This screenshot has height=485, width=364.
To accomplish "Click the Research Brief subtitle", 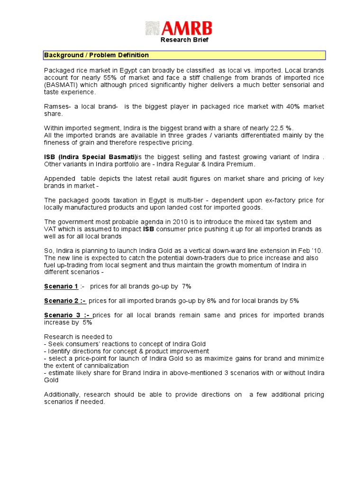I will tap(184, 40).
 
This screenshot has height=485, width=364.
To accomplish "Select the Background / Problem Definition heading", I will tap(96, 55).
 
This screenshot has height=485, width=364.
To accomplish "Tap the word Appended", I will tap(60, 179).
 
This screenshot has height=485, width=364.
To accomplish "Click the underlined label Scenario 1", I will tap(61, 287).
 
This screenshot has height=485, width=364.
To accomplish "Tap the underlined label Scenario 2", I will tap(62, 301).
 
